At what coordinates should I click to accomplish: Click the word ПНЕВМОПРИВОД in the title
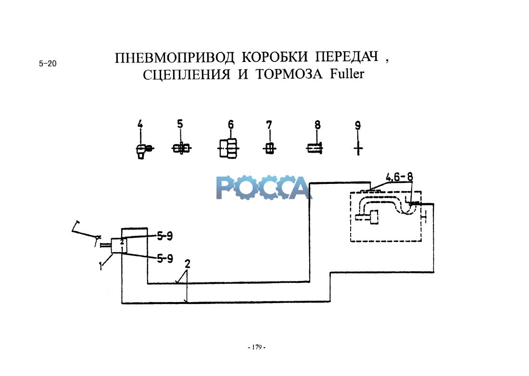(x=175, y=58)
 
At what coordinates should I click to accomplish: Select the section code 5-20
(x=48, y=63)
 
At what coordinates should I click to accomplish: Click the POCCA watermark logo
(x=263, y=187)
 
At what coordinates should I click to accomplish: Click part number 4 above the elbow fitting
(x=140, y=125)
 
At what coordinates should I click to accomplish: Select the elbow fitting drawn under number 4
(x=143, y=150)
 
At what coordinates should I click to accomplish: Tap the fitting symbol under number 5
(x=181, y=149)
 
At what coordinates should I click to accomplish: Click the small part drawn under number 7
(x=269, y=149)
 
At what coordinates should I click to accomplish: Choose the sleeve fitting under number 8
(x=315, y=149)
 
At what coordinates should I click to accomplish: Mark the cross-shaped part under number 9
(x=357, y=149)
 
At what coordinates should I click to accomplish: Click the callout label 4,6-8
(x=399, y=177)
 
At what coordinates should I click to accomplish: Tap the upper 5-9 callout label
(x=164, y=235)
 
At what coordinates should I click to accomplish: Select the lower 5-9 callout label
(x=165, y=258)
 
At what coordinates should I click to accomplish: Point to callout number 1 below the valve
(x=102, y=265)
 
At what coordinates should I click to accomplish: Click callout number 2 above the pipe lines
(x=188, y=263)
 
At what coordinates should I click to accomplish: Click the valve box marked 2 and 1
(x=120, y=245)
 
